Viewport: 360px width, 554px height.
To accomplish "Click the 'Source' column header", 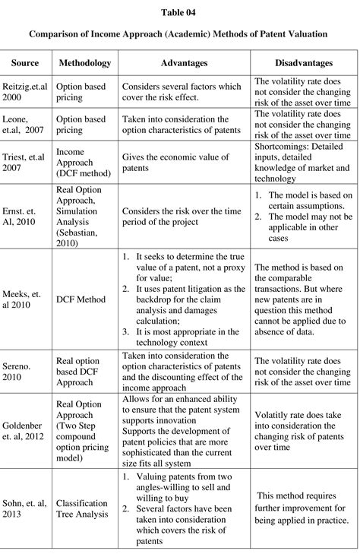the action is point(25,63).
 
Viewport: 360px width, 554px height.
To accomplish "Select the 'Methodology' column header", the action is point(85,63).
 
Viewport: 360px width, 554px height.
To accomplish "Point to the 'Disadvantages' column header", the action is point(303,63).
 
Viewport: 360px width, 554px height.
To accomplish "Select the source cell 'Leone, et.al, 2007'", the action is point(27,125).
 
